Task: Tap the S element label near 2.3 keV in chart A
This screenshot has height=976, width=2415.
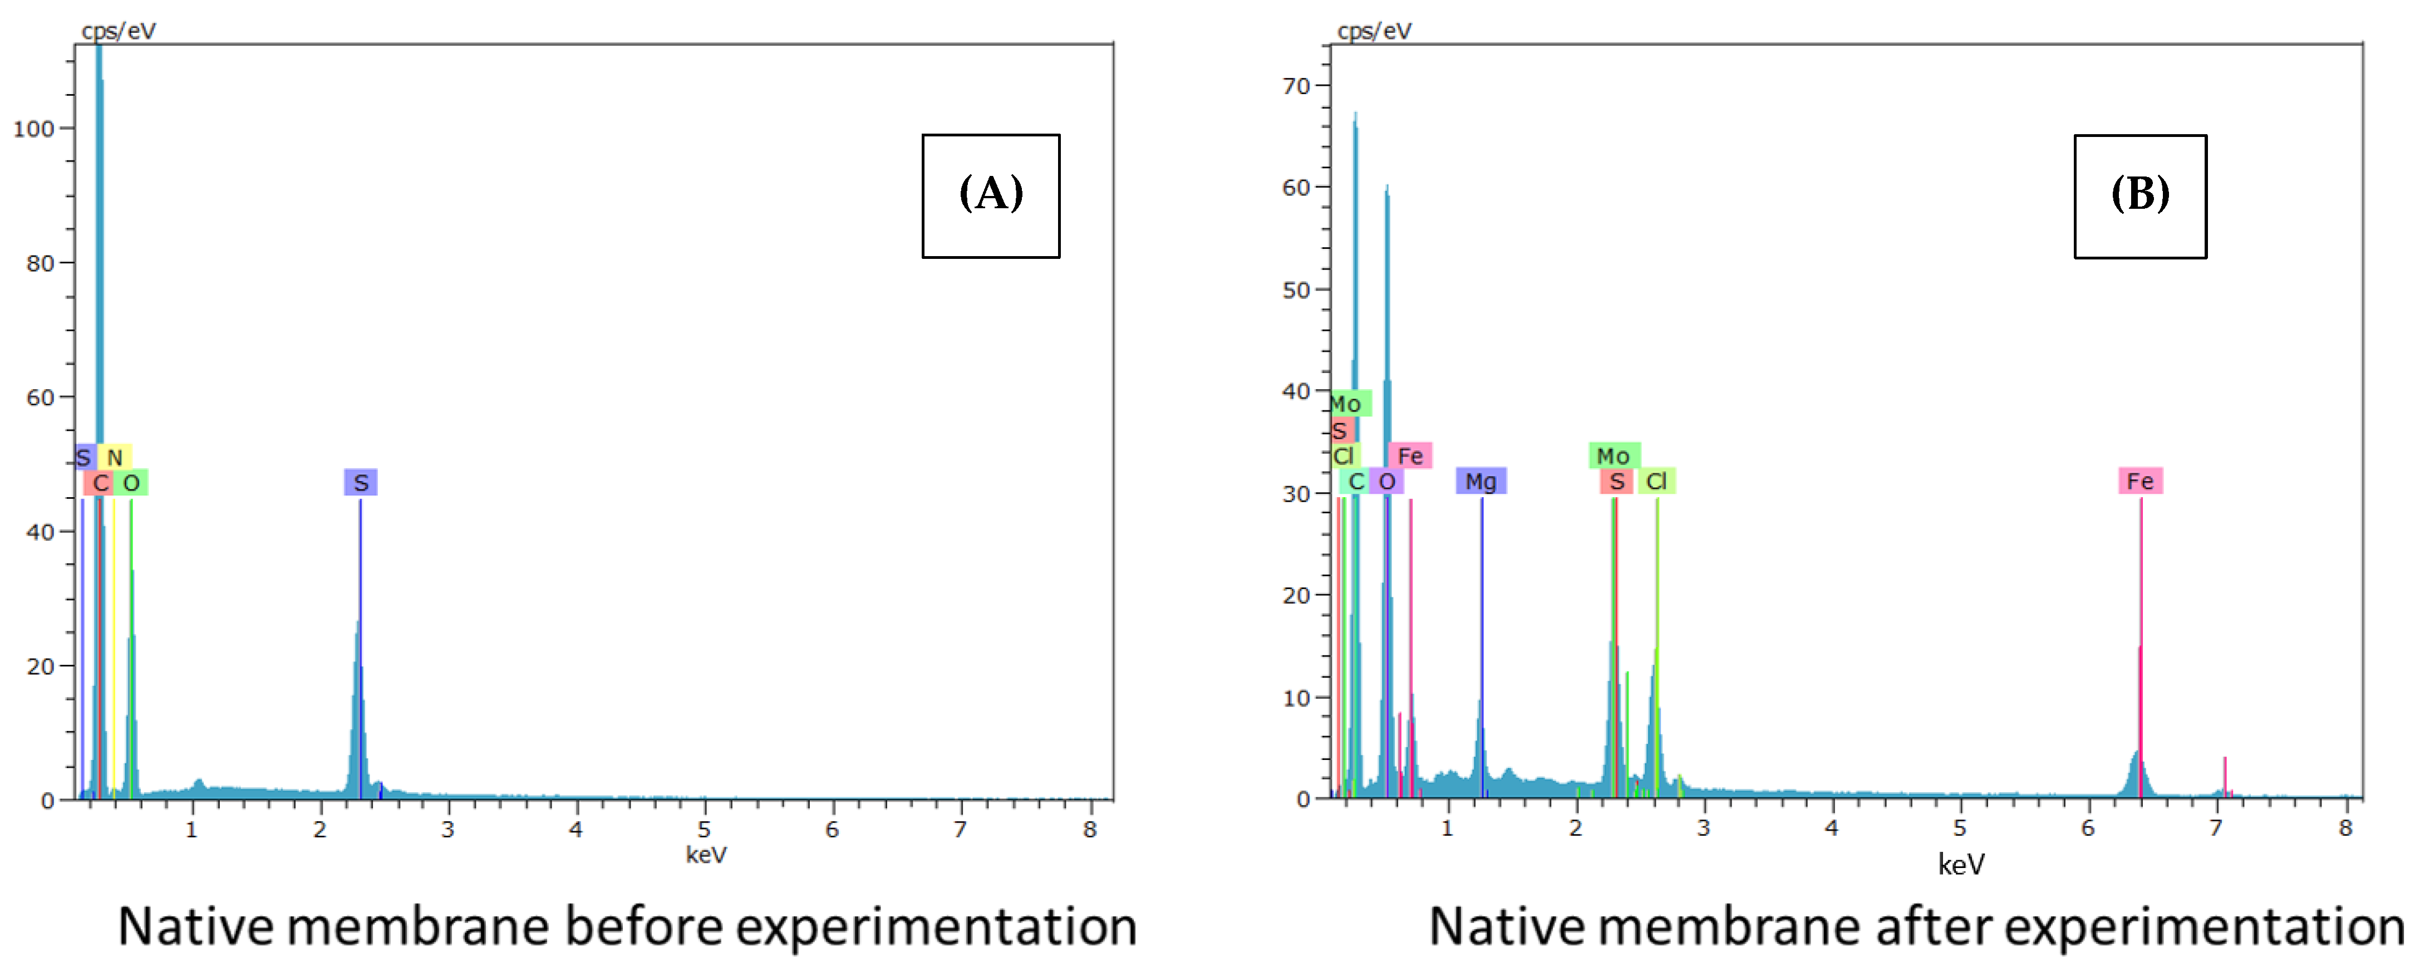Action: click(360, 482)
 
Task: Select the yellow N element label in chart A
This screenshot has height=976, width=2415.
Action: click(114, 457)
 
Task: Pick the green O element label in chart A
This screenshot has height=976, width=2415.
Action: click(131, 482)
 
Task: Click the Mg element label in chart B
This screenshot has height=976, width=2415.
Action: click(1481, 481)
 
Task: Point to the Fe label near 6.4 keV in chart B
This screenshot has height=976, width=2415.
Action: click(2140, 481)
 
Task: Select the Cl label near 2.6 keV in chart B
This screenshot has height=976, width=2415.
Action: click(1656, 481)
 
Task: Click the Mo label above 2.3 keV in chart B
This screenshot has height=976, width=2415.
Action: click(1614, 455)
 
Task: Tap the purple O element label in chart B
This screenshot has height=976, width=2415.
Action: click(1386, 481)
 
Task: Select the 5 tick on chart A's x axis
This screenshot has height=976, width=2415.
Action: click(704, 830)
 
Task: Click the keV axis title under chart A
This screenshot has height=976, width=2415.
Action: click(706, 854)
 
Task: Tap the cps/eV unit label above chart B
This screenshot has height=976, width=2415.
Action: click(1374, 31)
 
